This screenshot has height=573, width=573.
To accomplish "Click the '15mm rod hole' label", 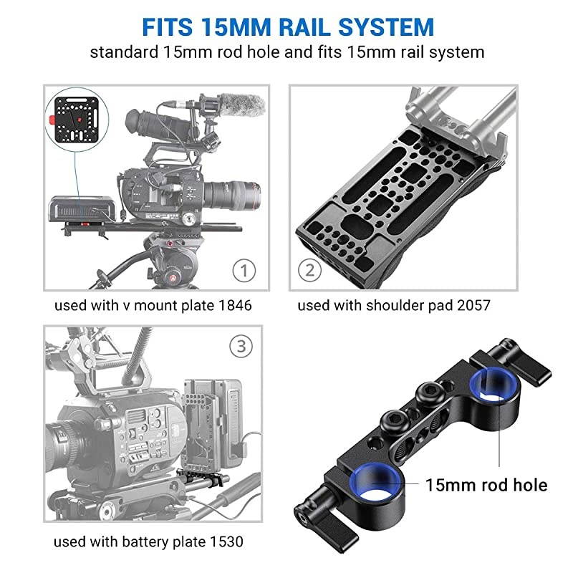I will [486, 485].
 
